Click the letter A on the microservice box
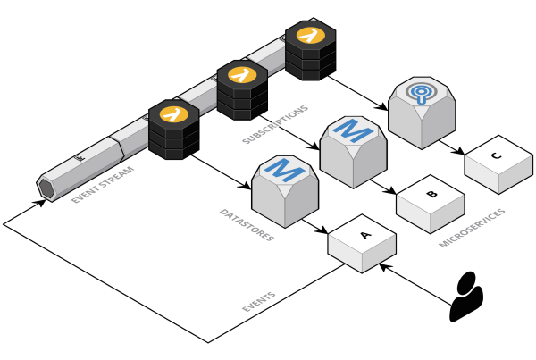[364, 236]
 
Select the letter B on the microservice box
[432, 194]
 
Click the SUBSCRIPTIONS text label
[274, 125]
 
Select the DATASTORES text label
[246, 226]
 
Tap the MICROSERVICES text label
[472, 229]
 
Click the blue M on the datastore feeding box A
[283, 168]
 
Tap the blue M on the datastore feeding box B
[351, 131]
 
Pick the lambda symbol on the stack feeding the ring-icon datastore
[310, 36]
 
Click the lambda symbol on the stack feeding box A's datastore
[173, 113]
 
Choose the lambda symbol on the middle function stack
[242, 75]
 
